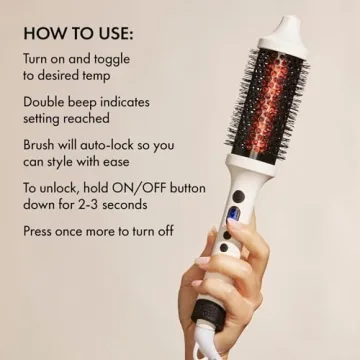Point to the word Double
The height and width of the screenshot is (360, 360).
click(46, 103)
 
